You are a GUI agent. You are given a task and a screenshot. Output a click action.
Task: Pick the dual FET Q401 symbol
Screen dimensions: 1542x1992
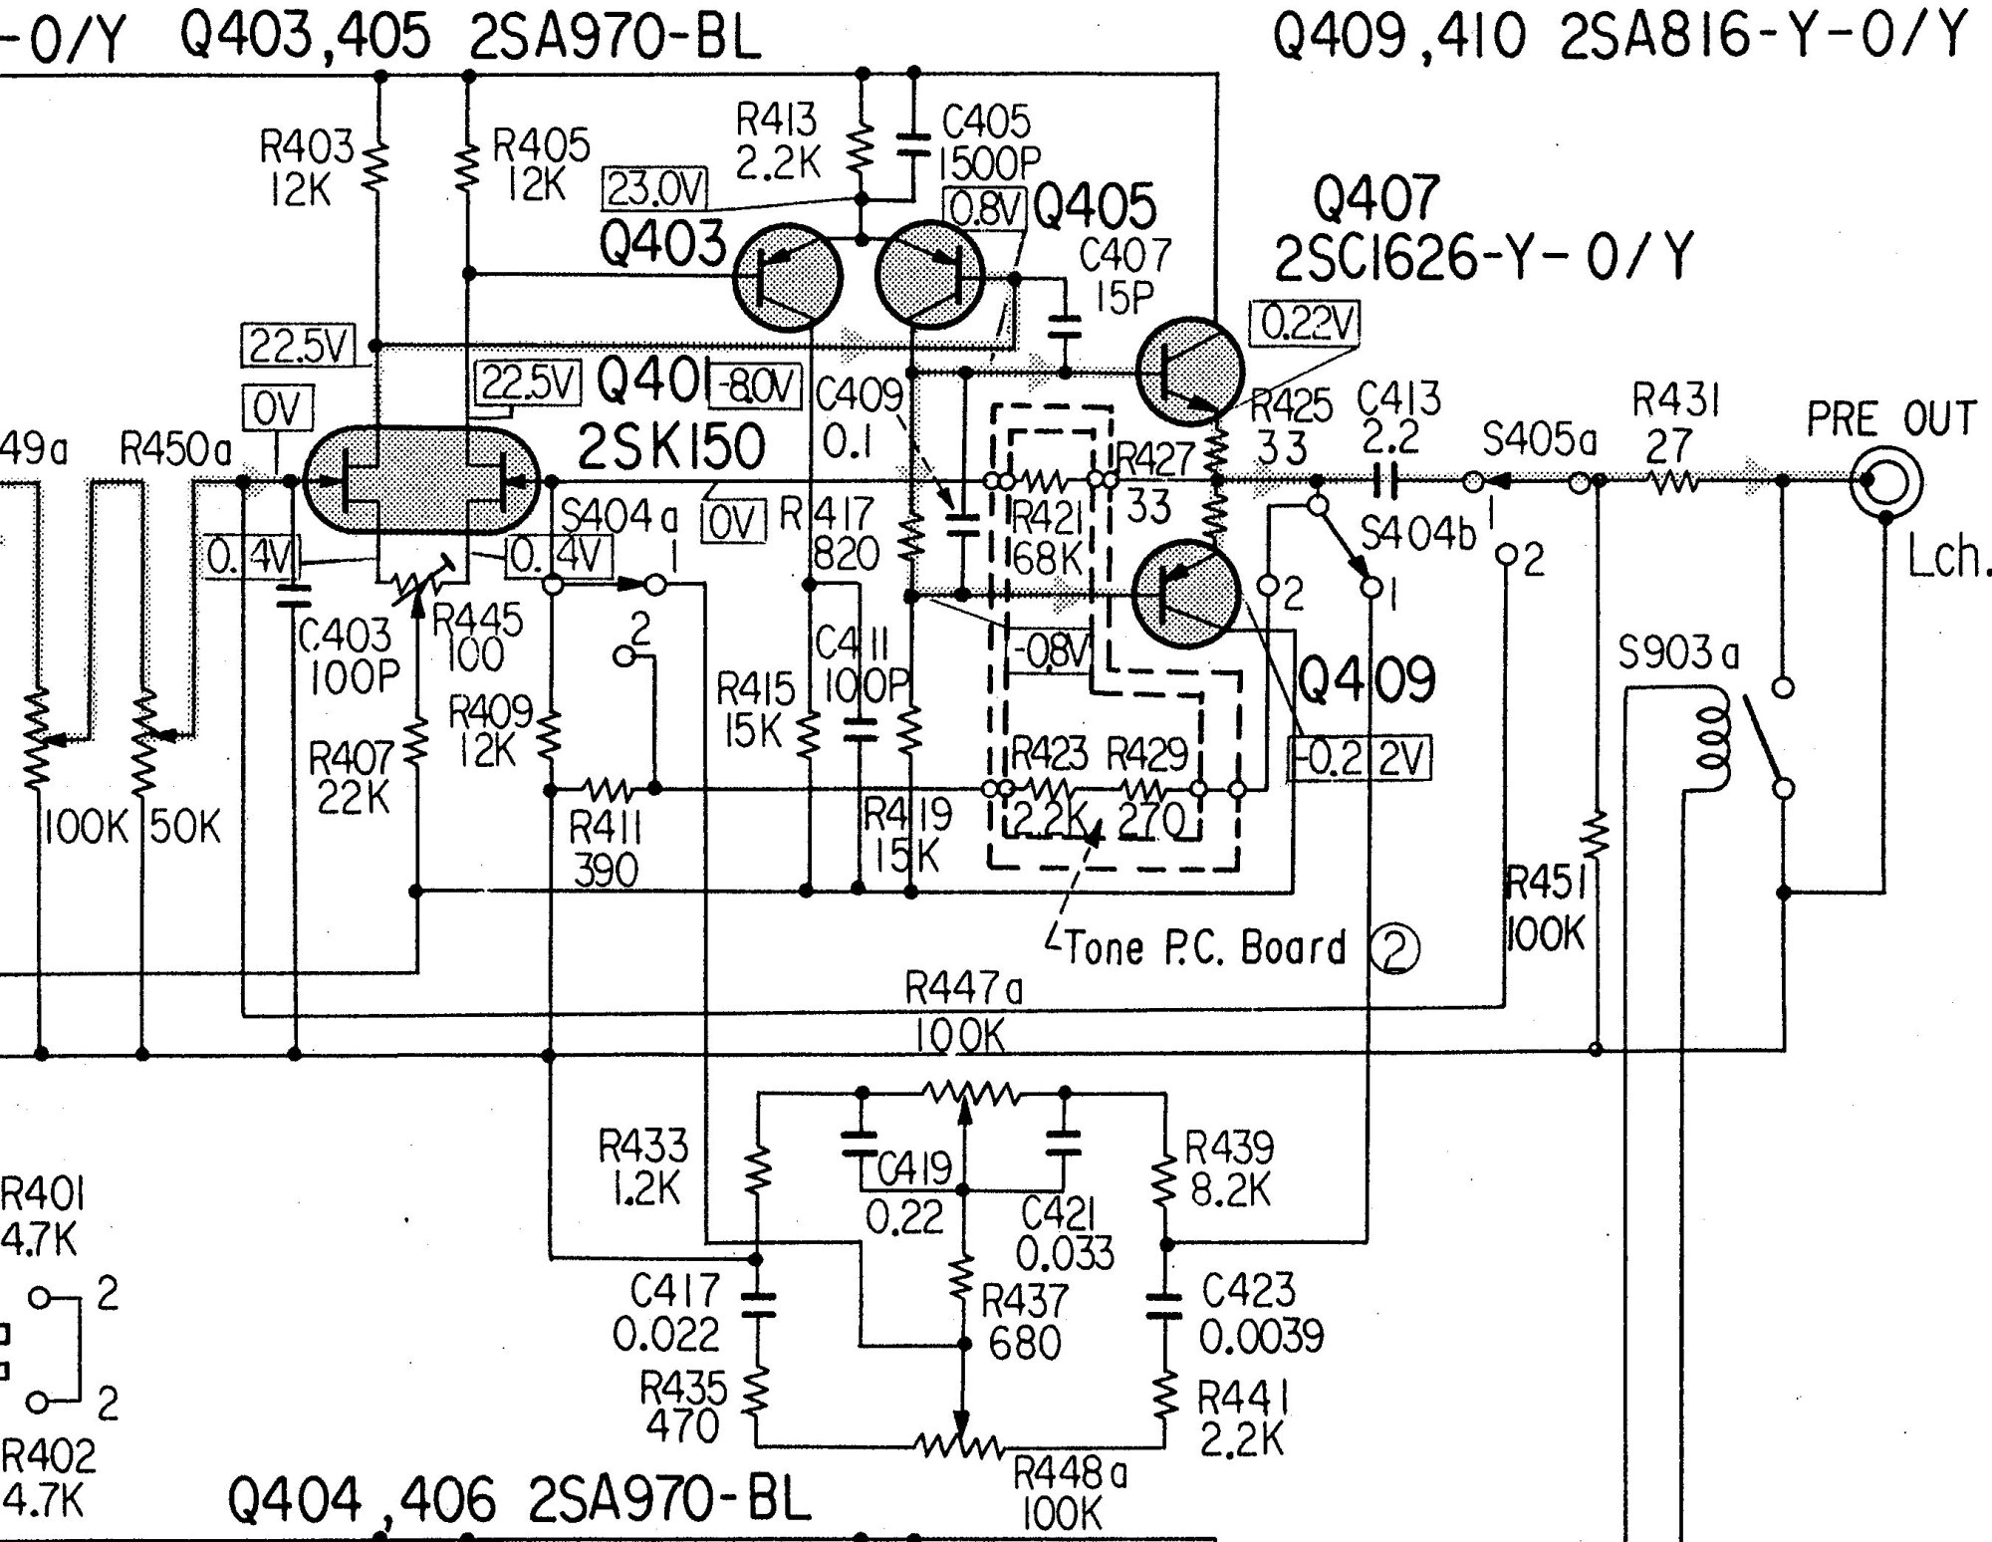[x=420, y=481]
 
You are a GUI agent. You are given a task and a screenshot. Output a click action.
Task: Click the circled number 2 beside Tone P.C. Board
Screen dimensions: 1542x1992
[x=1394, y=949]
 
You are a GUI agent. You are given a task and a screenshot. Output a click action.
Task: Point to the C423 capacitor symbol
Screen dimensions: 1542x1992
[x=1165, y=1306]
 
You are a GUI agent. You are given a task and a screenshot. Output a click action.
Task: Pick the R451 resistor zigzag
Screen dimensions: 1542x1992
[x=1596, y=837]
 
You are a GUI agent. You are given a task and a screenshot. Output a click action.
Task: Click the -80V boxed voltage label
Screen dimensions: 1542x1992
[x=754, y=387]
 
